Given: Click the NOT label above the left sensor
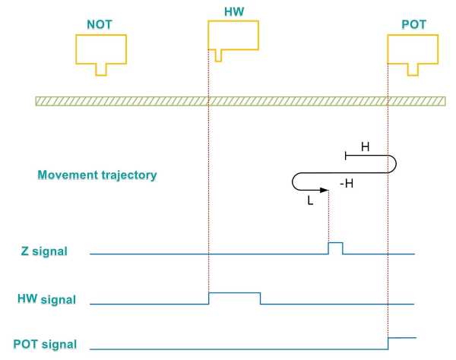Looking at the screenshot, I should (x=100, y=24).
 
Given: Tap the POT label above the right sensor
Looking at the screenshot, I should (x=413, y=24).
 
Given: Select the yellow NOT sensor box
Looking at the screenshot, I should (x=100, y=49).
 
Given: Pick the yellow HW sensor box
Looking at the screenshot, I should (x=233, y=35).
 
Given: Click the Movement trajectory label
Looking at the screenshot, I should (x=97, y=175).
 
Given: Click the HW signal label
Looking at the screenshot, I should (x=46, y=299).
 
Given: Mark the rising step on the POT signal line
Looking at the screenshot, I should (x=388, y=343).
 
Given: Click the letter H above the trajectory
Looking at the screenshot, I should (x=365, y=147).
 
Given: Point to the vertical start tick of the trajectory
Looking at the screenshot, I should (x=347, y=156).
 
